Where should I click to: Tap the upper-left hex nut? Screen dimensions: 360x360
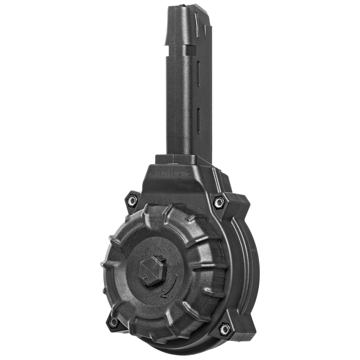pos(132,201)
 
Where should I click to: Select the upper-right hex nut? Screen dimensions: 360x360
pos(219,202)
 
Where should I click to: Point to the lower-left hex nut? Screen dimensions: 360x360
pos(113,322)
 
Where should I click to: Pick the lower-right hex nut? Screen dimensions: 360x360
pos(224,328)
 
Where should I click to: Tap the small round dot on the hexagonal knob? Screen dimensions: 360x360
pos(145,277)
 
